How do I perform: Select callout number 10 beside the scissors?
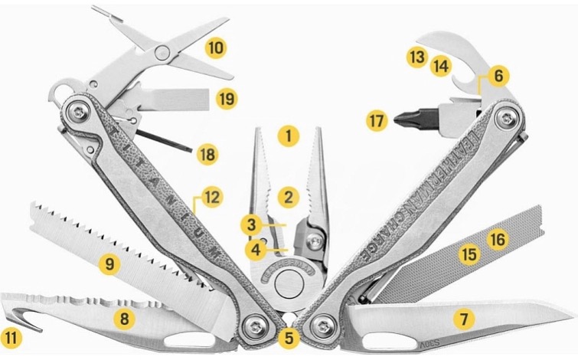217,47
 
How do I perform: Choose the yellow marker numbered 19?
225,98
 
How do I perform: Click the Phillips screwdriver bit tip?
398,119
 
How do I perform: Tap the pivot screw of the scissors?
162,52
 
